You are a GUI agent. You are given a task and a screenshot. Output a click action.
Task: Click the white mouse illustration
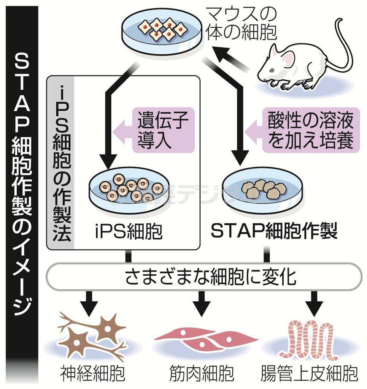click(x=300, y=66)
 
